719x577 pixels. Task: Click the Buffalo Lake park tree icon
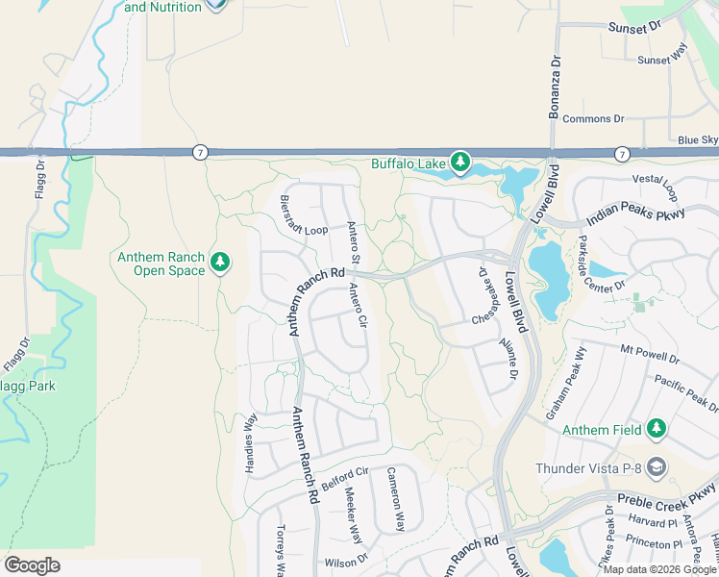pos(461,163)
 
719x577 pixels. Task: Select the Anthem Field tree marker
pos(657,429)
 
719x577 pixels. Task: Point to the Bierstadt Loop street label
pos(304,231)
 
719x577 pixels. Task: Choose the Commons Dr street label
pos(592,119)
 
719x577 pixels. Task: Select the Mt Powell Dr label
pos(650,354)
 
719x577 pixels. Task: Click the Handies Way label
pos(251,435)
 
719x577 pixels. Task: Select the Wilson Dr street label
pos(346,561)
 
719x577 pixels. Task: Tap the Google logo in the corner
pos(32,565)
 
